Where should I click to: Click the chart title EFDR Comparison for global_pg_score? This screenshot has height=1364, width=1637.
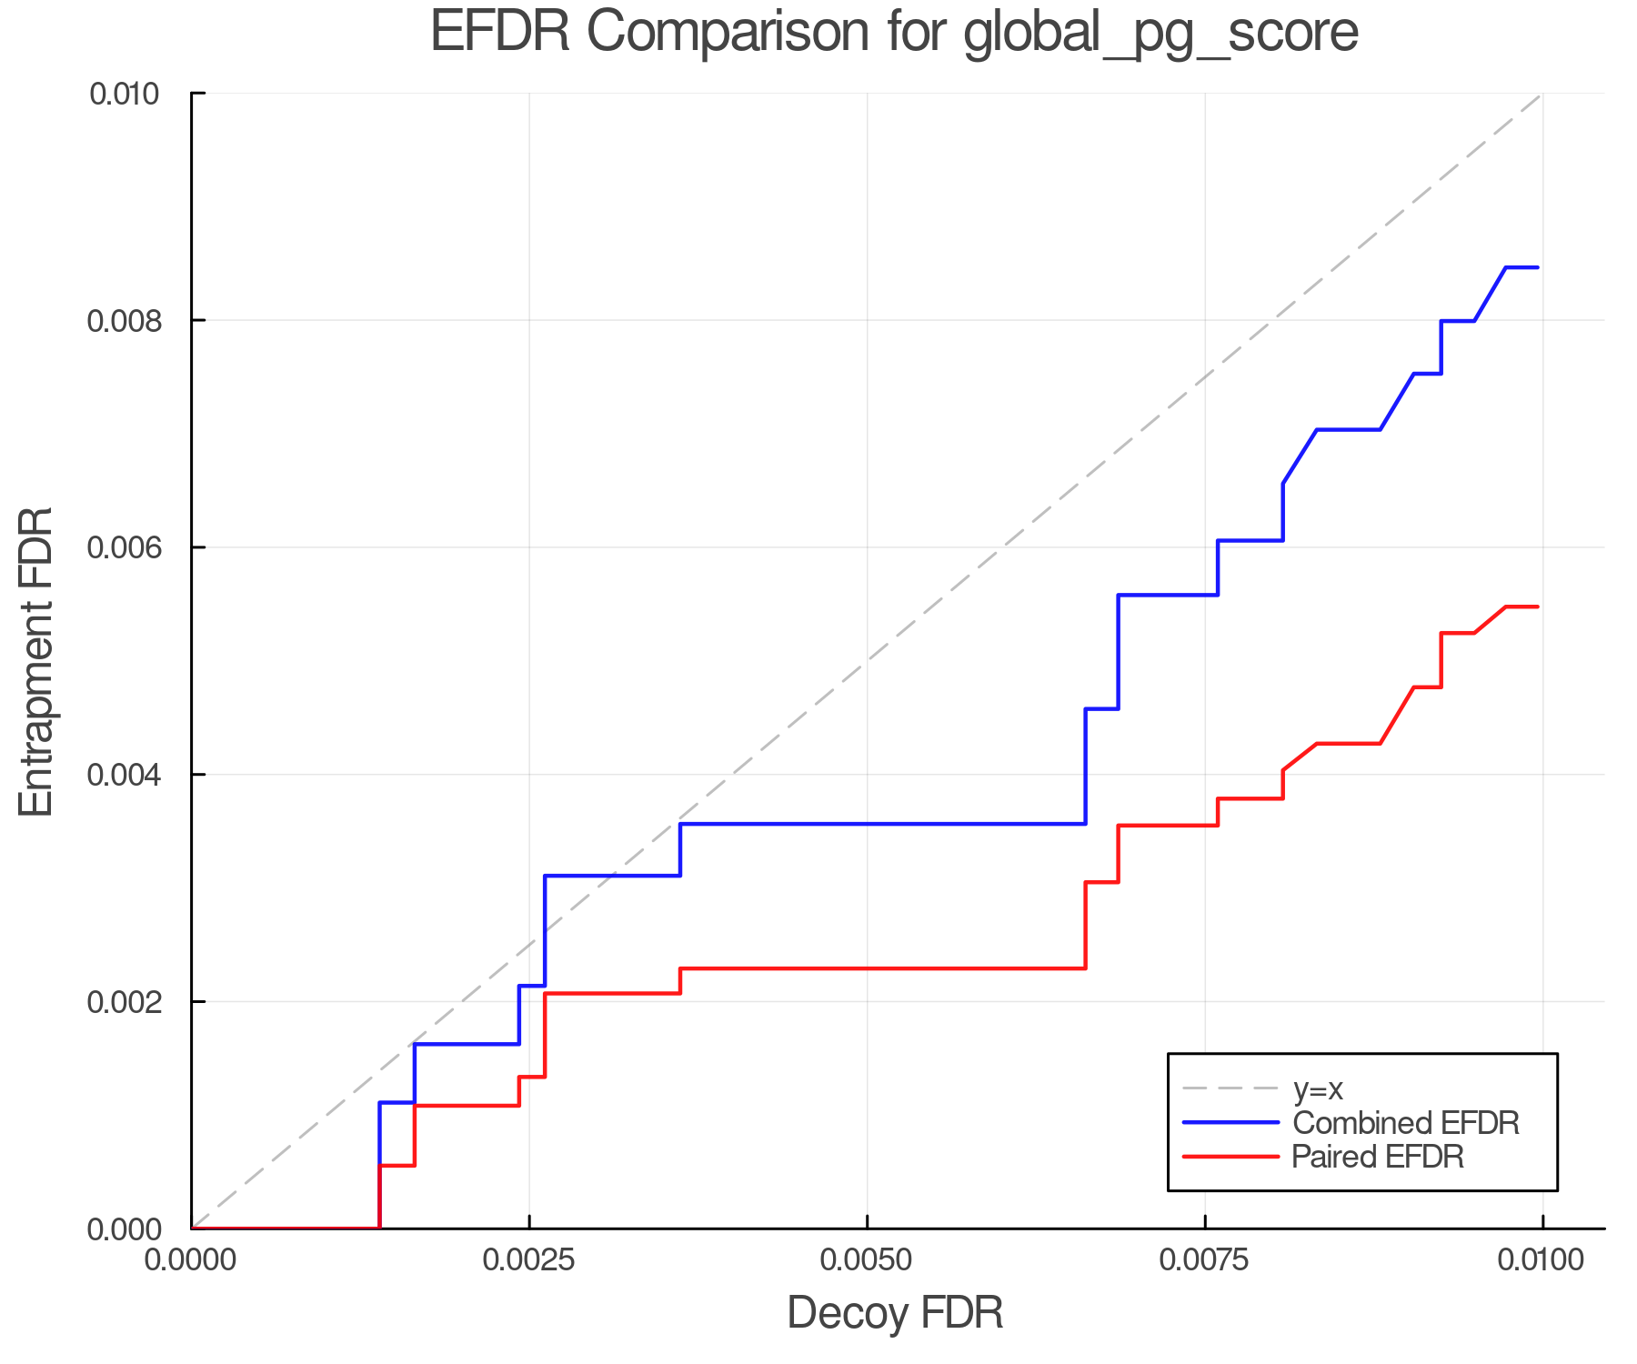894,32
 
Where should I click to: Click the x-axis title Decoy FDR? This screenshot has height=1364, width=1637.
895,1313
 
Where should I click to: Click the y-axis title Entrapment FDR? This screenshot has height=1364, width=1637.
36,661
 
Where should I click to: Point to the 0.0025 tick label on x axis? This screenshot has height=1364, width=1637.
528,1260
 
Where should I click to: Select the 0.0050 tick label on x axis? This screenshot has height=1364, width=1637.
867,1260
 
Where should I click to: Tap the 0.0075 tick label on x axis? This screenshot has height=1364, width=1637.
1204,1260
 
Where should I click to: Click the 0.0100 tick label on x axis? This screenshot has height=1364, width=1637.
1542,1260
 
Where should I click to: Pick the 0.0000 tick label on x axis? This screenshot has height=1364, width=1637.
191,1260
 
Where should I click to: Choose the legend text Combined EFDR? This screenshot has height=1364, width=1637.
1405,1123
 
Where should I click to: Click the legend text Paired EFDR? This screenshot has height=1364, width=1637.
1377,1157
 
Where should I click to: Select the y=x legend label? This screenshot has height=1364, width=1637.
1318,1089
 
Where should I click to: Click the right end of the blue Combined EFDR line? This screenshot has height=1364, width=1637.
1537,267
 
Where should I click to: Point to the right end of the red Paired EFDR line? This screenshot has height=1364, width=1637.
1537,607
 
